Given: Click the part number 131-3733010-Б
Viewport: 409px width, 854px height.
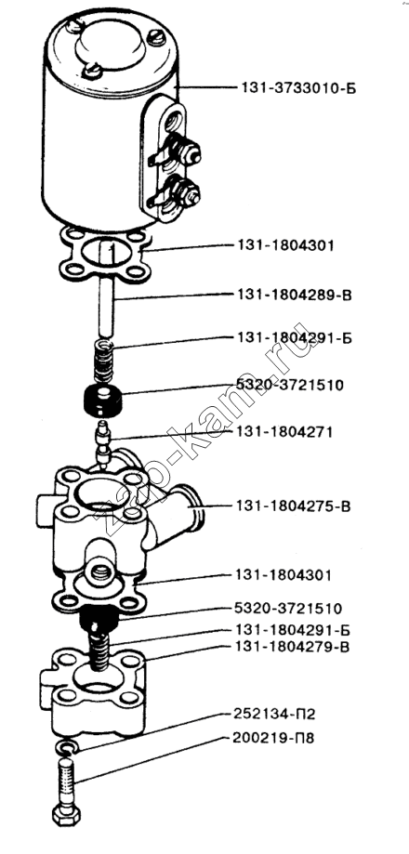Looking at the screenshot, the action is (298, 87).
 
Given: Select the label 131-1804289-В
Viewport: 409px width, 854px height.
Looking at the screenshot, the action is (294, 296).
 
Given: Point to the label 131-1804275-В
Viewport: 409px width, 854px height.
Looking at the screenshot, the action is (294, 506).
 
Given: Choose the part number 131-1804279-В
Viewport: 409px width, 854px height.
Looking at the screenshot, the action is (293, 647).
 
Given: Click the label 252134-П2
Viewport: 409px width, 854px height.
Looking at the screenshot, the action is (275, 714).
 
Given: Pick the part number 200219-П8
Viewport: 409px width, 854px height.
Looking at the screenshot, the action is (274, 739).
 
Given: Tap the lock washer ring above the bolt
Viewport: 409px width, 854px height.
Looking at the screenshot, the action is (68, 747).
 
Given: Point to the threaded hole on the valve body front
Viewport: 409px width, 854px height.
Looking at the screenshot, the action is (102, 572).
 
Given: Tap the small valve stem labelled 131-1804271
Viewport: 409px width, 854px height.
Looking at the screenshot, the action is (102, 441).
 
